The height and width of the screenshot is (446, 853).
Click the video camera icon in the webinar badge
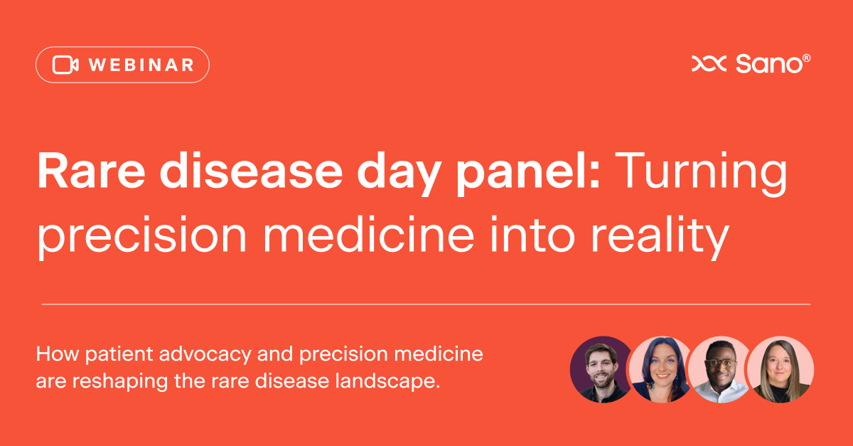[65, 65]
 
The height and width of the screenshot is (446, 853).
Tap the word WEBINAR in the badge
[141, 65]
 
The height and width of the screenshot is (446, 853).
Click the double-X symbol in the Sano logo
[709, 64]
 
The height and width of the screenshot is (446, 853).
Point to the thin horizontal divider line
[426, 304]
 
